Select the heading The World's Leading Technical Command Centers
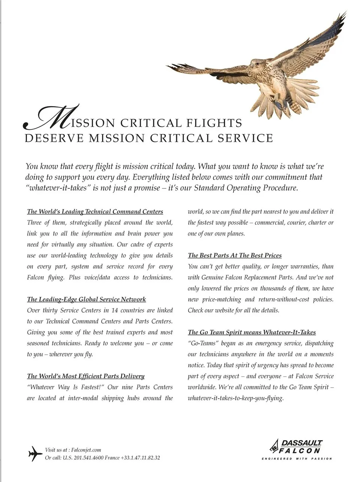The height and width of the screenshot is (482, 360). coord(95,212)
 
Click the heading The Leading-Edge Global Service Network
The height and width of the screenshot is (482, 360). coord(86,299)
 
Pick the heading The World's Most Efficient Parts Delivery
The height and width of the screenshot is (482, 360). coord(85,376)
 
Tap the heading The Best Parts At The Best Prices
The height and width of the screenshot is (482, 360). coord(234,255)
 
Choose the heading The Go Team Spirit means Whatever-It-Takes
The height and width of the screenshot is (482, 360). coord(252,332)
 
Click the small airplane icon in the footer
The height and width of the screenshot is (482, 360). coord(35,453)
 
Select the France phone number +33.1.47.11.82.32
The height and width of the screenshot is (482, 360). coord(140,458)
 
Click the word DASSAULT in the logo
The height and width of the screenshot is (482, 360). coord(302,443)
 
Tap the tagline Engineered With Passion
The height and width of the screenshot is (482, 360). coord(297,458)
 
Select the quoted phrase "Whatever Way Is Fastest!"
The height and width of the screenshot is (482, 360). coord(66,387)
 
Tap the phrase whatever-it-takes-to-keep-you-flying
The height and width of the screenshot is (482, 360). coord(235,398)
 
